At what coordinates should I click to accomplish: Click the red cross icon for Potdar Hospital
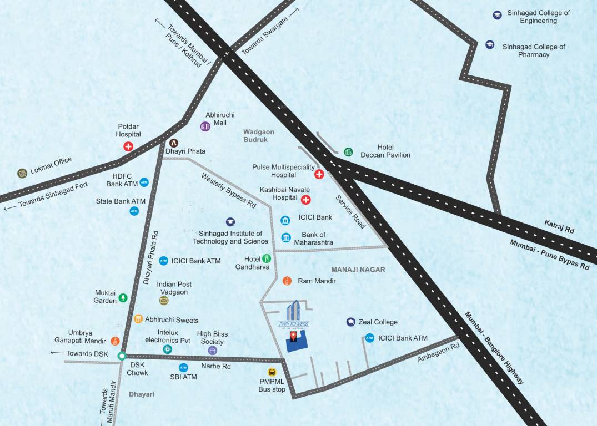pyautogui.click(x=128, y=147)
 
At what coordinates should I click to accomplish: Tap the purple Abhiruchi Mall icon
pyautogui.click(x=205, y=126)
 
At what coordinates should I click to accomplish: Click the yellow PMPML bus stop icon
pyautogui.click(x=272, y=373)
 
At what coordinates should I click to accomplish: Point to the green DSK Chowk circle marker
pyautogui.click(x=122, y=356)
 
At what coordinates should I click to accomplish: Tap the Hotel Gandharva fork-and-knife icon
pyautogui.click(x=267, y=258)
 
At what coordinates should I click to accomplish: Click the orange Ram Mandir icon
pyautogui.click(x=287, y=281)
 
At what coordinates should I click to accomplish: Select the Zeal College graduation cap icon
pyautogui.click(x=350, y=322)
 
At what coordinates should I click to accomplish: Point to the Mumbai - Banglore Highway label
pyautogui.click(x=494, y=348)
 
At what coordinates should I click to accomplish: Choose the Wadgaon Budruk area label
pyautogui.click(x=255, y=136)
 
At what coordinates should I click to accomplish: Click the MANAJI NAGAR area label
pyautogui.click(x=358, y=270)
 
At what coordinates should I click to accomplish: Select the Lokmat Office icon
pyautogui.click(x=22, y=173)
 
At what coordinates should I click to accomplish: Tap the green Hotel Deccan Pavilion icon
pyautogui.click(x=348, y=151)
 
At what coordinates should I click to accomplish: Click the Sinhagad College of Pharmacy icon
pyautogui.click(x=490, y=45)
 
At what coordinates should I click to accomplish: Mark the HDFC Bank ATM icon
pyautogui.click(x=144, y=182)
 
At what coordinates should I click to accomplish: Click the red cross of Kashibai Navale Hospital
pyautogui.click(x=305, y=200)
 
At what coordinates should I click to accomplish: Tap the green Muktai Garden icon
pyautogui.click(x=122, y=298)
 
